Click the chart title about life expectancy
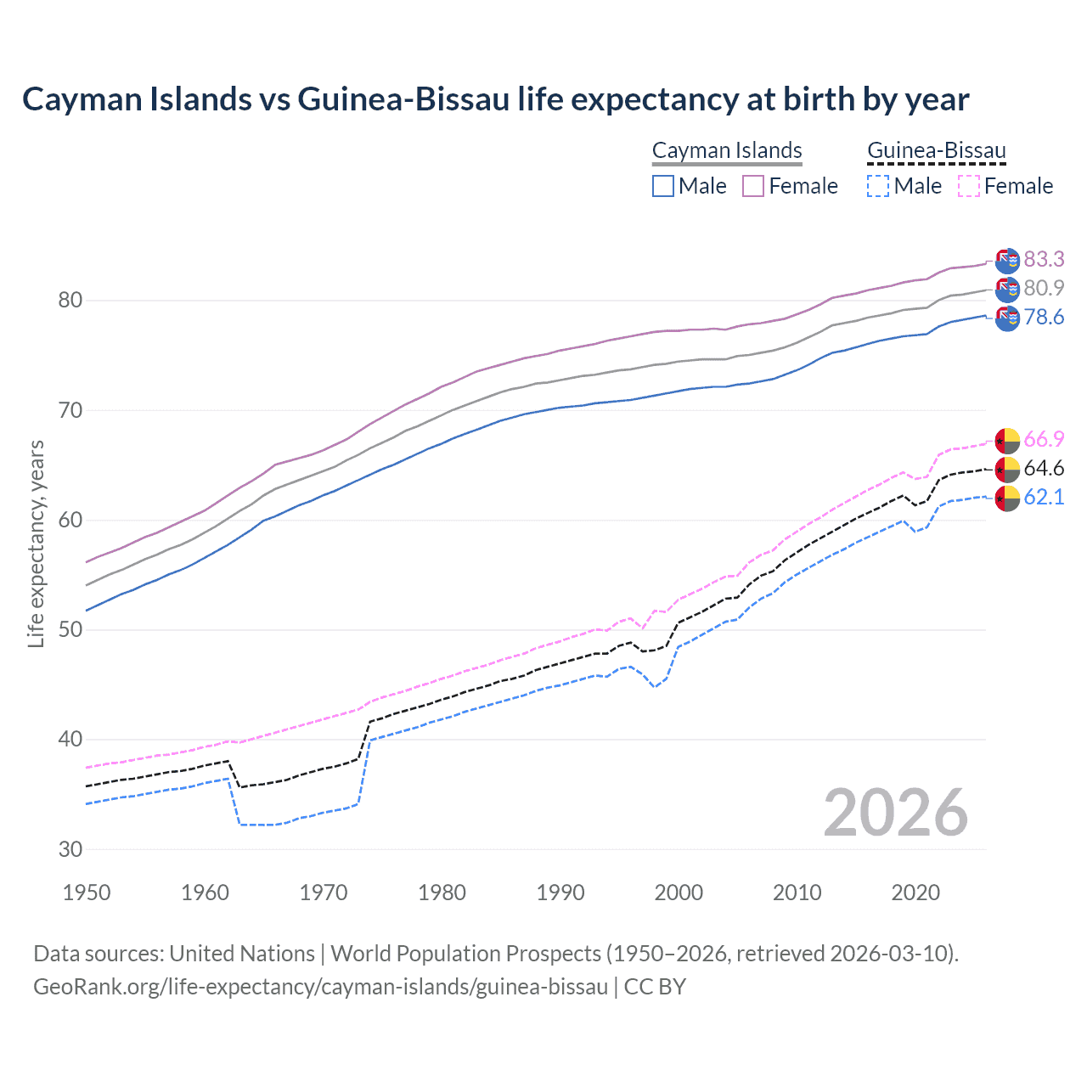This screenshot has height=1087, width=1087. click(x=495, y=99)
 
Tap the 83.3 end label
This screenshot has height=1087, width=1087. click(x=1044, y=259)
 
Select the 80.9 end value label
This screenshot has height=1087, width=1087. click(x=1044, y=288)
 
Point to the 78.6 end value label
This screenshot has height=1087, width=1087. click(x=1044, y=317)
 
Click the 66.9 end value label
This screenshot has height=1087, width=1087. click(x=1044, y=439)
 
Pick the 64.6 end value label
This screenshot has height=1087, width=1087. click(x=1044, y=468)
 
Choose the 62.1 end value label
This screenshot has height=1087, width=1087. click(x=1044, y=497)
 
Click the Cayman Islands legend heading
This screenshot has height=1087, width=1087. click(x=727, y=150)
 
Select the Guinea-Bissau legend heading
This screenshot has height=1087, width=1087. click(x=936, y=150)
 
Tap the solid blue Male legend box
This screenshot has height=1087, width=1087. click(x=663, y=186)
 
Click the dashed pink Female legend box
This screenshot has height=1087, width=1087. click(x=969, y=186)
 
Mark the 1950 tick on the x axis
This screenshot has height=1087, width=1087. click(x=87, y=893)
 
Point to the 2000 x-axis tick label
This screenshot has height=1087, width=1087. click(x=679, y=893)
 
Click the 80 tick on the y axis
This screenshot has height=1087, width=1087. click(x=70, y=301)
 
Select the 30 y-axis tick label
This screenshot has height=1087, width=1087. click(x=70, y=849)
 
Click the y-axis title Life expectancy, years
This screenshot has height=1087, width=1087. click(x=36, y=543)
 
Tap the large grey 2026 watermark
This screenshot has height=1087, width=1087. click(x=895, y=813)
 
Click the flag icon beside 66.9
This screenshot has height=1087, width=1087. click(x=1007, y=441)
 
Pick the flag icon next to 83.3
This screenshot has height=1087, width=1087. click(x=1007, y=261)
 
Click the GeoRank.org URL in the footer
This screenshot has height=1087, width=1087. click(x=320, y=987)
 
